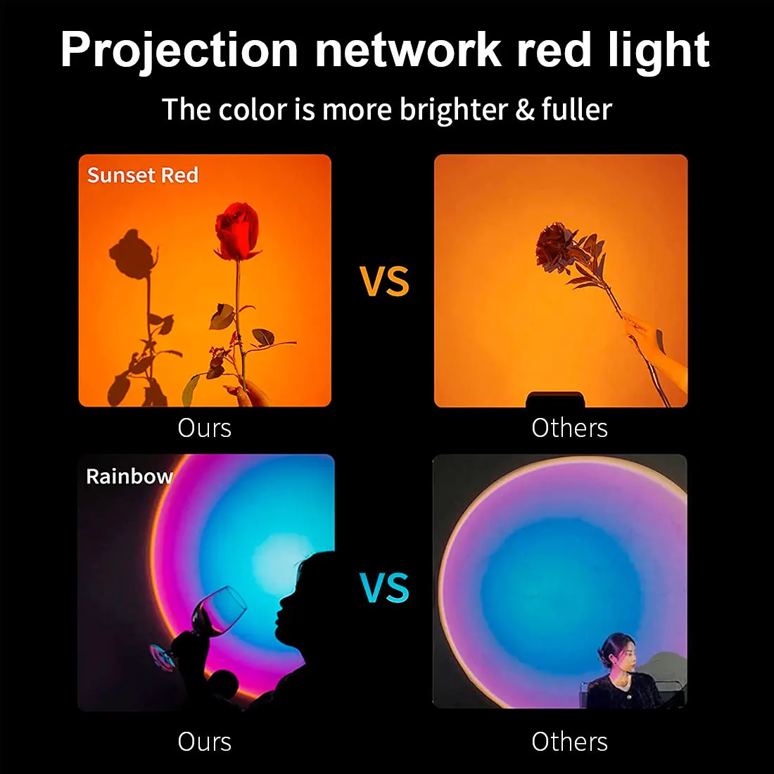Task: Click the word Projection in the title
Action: tap(179, 51)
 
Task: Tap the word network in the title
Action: tap(408, 51)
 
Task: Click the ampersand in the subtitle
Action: tap(525, 110)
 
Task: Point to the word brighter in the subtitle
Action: tap(454, 110)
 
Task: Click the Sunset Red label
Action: tap(143, 175)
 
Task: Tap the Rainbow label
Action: tap(129, 476)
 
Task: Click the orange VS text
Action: tap(384, 281)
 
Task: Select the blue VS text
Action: tap(384, 588)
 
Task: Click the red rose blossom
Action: tap(236, 231)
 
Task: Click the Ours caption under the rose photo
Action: tap(204, 428)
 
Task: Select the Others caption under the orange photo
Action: tap(569, 428)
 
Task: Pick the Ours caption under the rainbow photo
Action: tap(204, 742)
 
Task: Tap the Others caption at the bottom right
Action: tap(569, 742)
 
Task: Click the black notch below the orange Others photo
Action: tap(555, 400)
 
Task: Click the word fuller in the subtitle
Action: tap(577, 110)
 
